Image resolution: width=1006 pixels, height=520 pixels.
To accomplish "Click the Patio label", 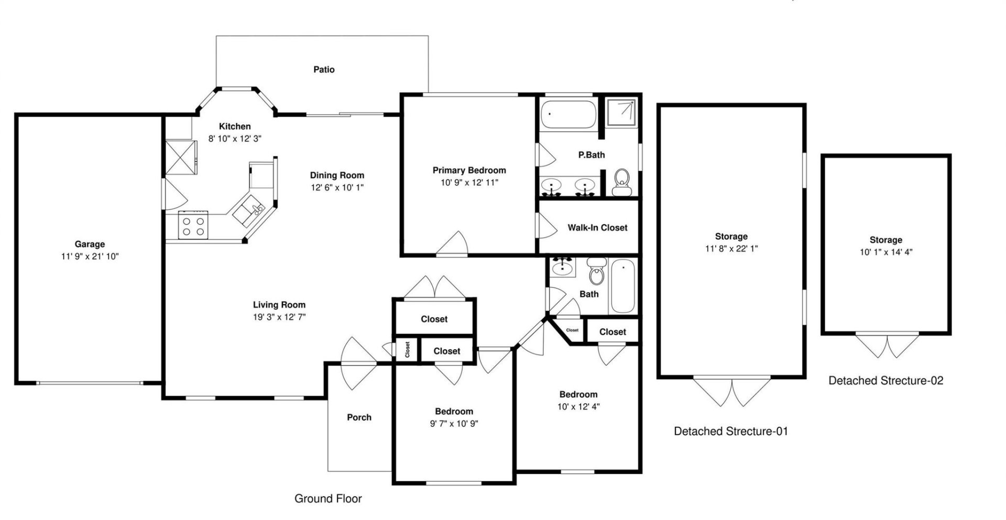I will click(x=324, y=69).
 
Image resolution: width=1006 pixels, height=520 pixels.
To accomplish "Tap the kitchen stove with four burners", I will click(x=193, y=225).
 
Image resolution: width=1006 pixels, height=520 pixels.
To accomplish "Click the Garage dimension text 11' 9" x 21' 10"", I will click(x=90, y=257).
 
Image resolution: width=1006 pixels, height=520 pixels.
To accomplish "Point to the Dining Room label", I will click(x=337, y=175).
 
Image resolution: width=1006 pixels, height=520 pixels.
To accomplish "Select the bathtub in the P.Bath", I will click(x=568, y=114).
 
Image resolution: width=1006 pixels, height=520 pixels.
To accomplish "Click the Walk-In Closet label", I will click(x=597, y=228).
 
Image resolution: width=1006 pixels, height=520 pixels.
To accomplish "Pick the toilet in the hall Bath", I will click(x=596, y=272).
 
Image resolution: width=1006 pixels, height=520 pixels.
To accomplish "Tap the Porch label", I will click(x=359, y=417).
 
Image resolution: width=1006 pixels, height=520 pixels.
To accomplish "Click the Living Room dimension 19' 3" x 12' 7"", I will click(x=279, y=317).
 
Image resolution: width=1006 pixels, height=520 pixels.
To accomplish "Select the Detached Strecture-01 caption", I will click(x=730, y=431).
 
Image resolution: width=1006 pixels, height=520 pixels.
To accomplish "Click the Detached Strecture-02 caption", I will click(x=885, y=381).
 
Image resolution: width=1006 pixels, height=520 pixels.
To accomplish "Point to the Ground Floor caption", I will click(x=328, y=499).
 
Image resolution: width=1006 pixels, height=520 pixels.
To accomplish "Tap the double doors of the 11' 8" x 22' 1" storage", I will click(x=732, y=391).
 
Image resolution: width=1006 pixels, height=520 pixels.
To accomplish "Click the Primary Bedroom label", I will click(x=469, y=170).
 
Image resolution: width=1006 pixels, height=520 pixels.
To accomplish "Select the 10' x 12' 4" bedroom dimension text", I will click(x=578, y=407).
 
